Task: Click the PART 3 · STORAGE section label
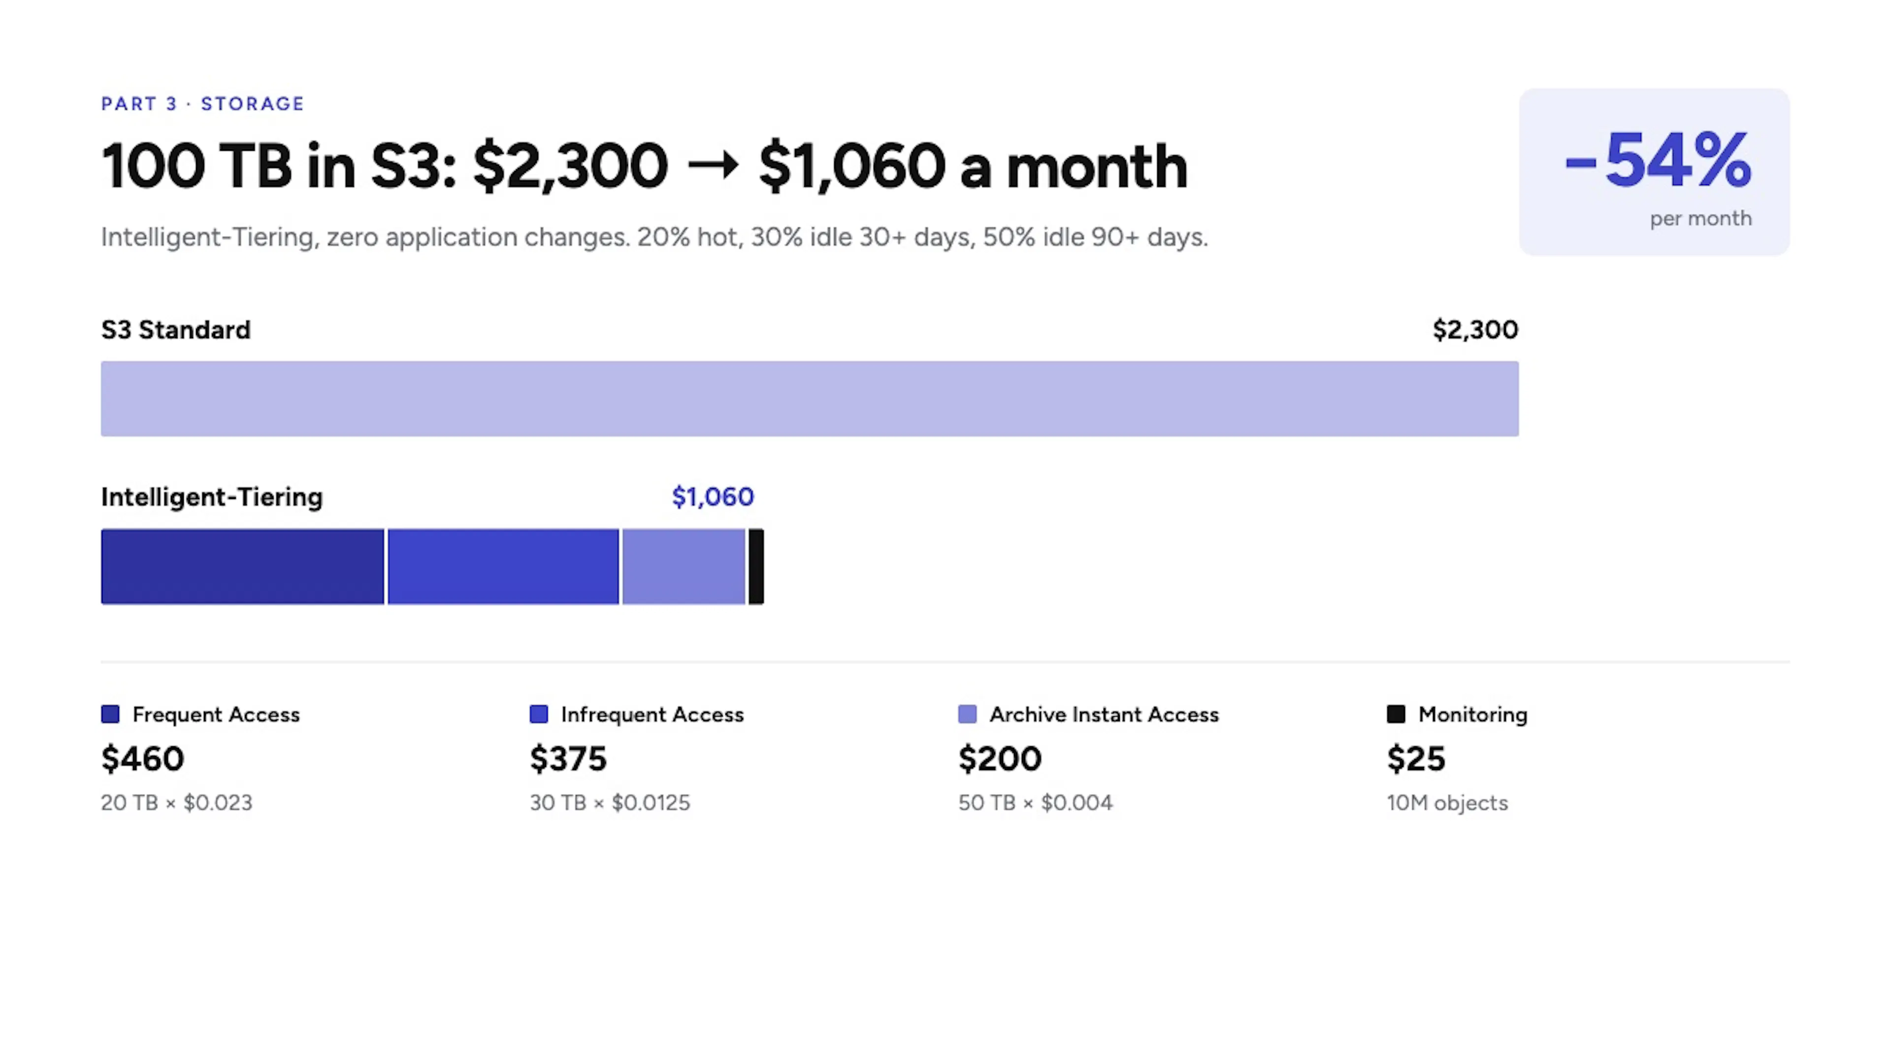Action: (202, 103)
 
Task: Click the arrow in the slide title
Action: (713, 165)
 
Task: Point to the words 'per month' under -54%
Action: (1700, 219)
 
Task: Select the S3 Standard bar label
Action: (175, 330)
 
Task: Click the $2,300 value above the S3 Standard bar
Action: (1475, 330)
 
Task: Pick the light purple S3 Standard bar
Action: (810, 399)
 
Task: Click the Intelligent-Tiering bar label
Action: (211, 497)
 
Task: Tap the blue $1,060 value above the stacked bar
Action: (713, 497)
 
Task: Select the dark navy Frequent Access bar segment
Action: (242, 566)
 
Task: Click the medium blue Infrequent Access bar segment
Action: (503, 566)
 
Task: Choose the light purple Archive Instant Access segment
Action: (684, 566)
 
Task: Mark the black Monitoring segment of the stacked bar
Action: (756, 566)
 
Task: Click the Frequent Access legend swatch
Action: (110, 714)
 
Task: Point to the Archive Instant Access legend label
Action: (1104, 714)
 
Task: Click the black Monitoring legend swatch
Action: (1396, 714)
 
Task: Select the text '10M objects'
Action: (1447, 802)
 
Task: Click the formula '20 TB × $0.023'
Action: (176, 802)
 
